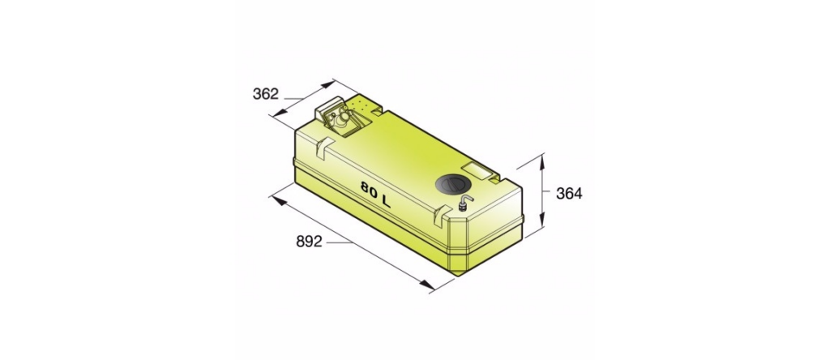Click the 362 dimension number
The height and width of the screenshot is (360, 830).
tap(265, 94)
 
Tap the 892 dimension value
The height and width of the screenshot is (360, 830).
tap(309, 242)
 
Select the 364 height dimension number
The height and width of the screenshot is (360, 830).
tap(569, 194)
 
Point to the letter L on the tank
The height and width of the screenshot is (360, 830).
tap(390, 199)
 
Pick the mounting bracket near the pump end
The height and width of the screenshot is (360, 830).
tap(324, 148)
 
